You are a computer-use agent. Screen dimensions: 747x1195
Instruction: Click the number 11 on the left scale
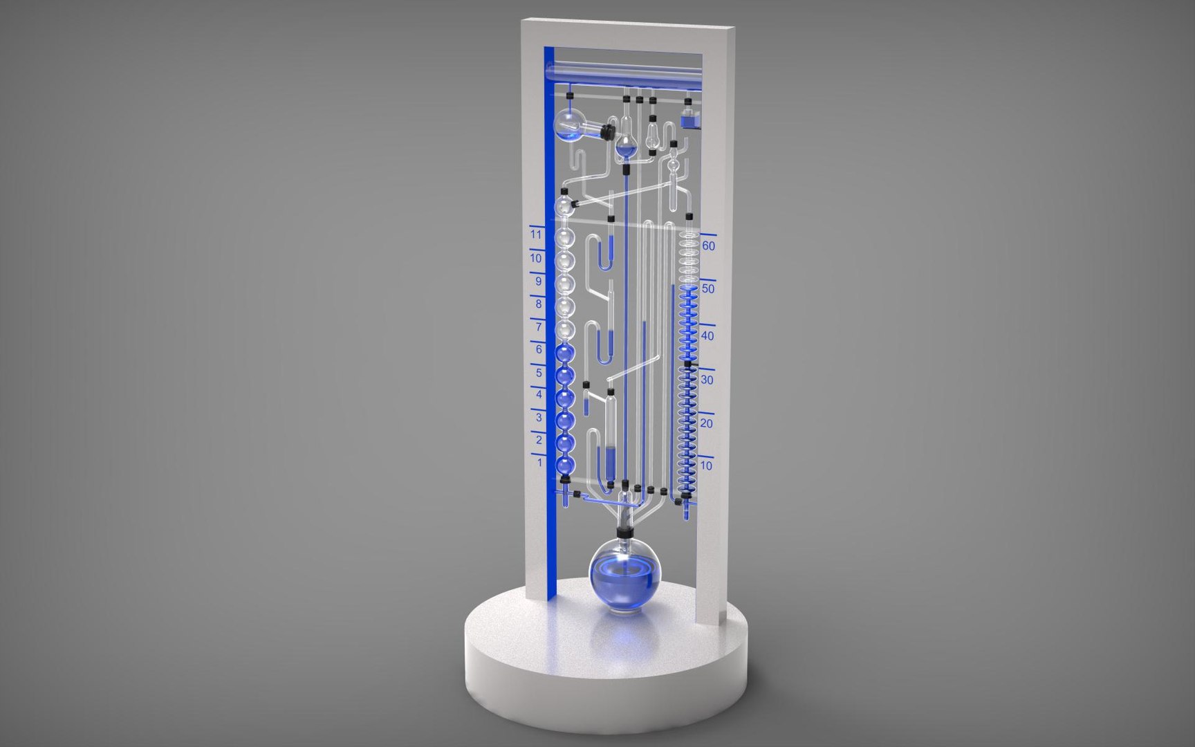[x=536, y=235]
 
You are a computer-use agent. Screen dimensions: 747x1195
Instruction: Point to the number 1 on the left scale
[x=540, y=462]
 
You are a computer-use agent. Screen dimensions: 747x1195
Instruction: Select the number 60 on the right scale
[x=708, y=246]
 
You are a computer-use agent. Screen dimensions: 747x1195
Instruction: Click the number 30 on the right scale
[x=707, y=380]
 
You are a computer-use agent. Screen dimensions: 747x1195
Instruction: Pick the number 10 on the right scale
[x=706, y=465]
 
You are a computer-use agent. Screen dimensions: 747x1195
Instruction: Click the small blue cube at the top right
[x=690, y=120]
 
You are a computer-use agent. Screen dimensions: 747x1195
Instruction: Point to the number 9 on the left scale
[x=539, y=282]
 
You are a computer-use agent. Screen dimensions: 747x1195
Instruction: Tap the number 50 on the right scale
[x=707, y=289]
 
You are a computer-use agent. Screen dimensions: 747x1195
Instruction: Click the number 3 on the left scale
[x=540, y=417]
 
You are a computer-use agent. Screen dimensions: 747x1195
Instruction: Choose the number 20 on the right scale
[x=707, y=423]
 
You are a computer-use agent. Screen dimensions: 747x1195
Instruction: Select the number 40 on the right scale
[x=707, y=336]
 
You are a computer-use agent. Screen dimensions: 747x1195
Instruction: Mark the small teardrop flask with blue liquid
[x=626, y=145]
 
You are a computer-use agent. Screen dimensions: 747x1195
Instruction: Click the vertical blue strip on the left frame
[x=550, y=311]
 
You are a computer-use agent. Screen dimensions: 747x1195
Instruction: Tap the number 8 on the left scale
[x=539, y=304]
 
